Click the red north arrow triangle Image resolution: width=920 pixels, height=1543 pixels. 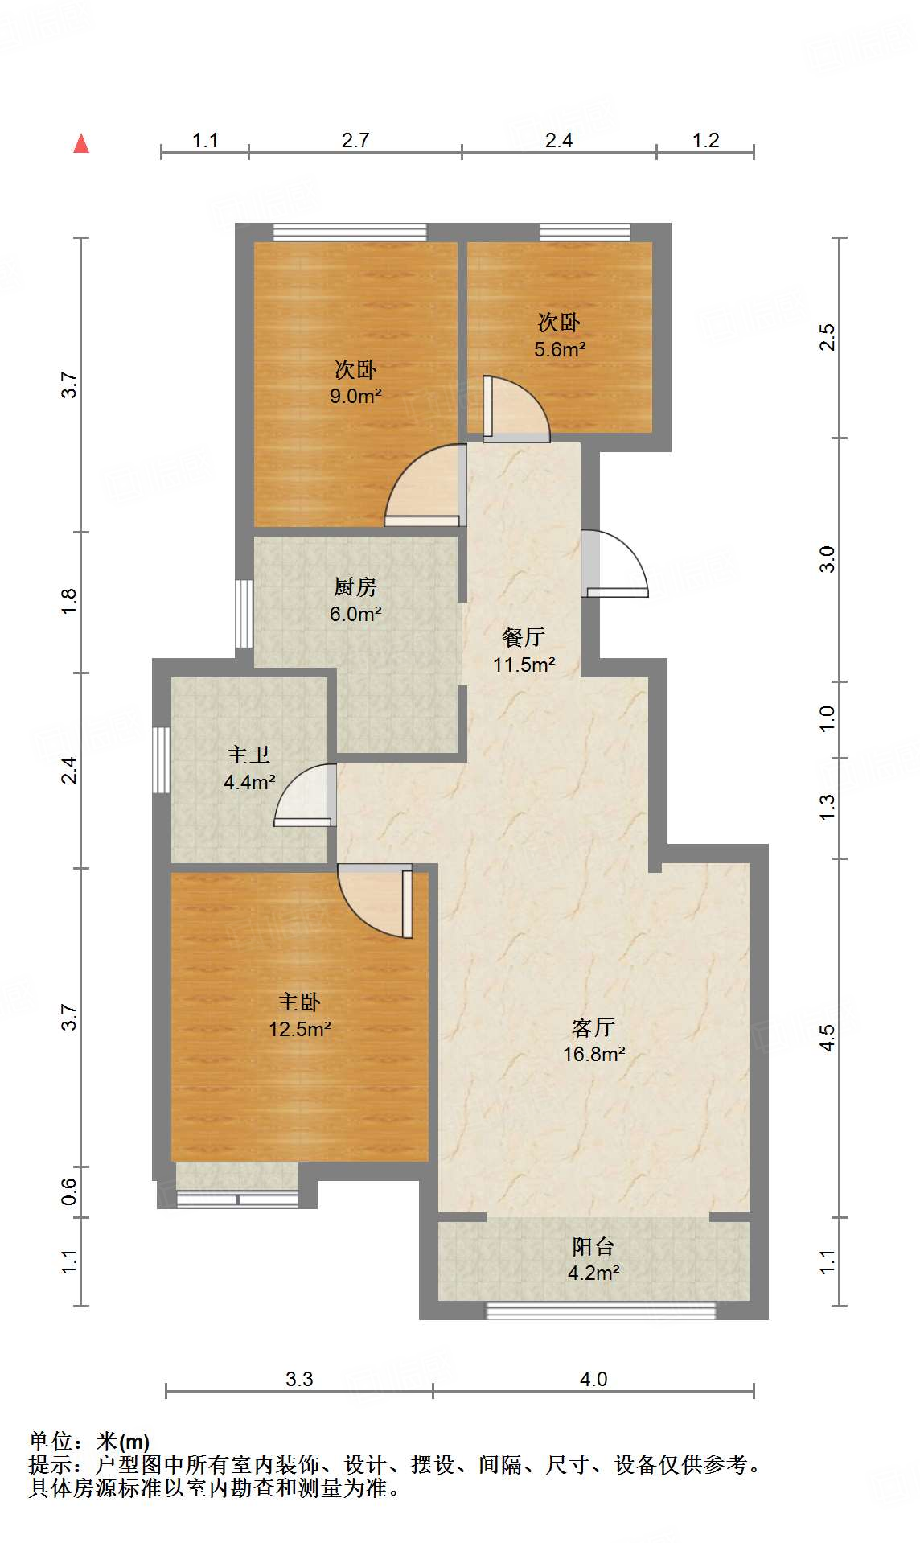[x=81, y=143]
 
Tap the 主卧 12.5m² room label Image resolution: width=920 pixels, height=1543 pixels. [x=299, y=1015]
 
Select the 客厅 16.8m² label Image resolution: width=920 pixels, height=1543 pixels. [x=593, y=1040]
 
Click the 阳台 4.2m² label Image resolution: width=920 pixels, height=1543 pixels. [x=593, y=1260]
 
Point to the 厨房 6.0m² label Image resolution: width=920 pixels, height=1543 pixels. [x=355, y=600]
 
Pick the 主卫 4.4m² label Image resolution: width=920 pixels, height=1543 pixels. [x=249, y=768]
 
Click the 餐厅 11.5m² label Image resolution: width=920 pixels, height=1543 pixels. [x=524, y=651]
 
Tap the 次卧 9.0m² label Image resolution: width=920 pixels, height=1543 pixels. [x=355, y=383]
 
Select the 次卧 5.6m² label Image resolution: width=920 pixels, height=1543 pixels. [x=559, y=335]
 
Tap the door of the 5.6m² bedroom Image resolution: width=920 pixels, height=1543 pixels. [x=516, y=409]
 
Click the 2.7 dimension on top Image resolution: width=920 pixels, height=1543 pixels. [x=355, y=141]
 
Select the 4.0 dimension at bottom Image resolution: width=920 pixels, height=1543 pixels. [x=593, y=1379]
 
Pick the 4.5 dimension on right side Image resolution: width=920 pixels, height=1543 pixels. [x=828, y=1037]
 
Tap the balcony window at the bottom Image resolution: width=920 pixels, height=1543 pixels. [x=601, y=1311]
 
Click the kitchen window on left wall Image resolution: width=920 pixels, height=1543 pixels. [x=244, y=613]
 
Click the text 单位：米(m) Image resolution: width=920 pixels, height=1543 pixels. [x=89, y=1441]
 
